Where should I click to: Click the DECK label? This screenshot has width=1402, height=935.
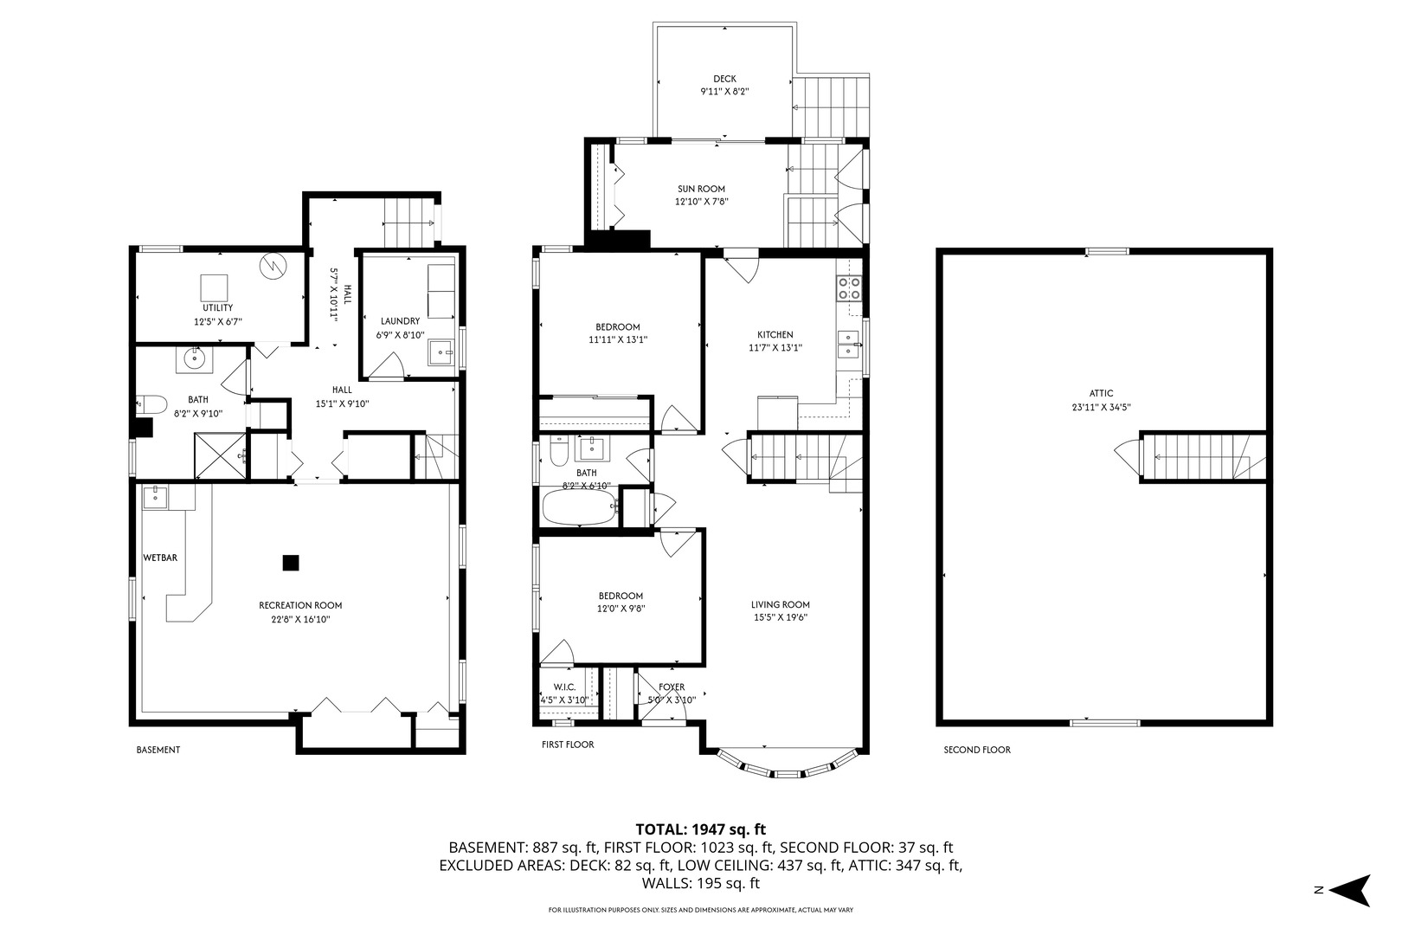(724, 79)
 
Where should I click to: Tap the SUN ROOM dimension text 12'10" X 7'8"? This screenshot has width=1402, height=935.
(702, 202)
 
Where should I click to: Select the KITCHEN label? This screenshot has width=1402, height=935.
(775, 335)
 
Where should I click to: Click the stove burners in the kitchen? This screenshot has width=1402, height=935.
(849, 288)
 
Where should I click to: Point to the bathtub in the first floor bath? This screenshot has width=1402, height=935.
(580, 506)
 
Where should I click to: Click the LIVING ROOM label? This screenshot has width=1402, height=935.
(781, 605)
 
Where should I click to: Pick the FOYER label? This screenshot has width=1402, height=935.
(672, 687)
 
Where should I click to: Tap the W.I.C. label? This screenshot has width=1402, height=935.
(564, 687)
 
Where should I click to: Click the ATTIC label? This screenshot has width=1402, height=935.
(1102, 393)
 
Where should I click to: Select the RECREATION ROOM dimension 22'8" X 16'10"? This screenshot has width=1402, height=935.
(300, 619)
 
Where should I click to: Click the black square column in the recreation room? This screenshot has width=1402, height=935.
(291, 563)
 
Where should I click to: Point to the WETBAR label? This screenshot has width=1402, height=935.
(160, 558)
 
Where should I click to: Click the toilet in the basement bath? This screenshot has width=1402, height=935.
(151, 404)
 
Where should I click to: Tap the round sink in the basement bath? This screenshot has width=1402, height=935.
(195, 358)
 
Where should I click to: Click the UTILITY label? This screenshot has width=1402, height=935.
(218, 308)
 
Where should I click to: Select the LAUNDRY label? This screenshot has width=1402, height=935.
(401, 321)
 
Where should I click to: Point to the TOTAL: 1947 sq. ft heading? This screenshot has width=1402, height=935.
(701, 829)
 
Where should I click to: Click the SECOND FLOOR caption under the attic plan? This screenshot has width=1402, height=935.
(977, 750)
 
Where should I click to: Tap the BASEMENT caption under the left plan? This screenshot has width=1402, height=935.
(158, 750)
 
